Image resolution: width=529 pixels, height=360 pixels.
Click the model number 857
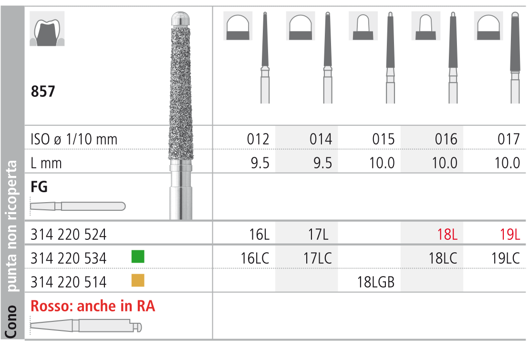point(43,92)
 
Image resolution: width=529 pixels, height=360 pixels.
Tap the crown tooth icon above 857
point(47,29)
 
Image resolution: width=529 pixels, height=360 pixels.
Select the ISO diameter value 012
point(258,139)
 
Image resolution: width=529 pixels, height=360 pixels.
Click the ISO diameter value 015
point(383,139)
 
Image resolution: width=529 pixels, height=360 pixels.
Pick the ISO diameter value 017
point(509,139)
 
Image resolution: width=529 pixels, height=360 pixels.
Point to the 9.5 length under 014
point(322,163)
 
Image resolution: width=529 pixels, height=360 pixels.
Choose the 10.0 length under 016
point(445,163)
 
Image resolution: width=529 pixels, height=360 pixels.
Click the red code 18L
point(447,234)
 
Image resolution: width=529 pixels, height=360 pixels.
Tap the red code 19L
point(510,234)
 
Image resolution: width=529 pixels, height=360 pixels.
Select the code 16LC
point(255,258)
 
